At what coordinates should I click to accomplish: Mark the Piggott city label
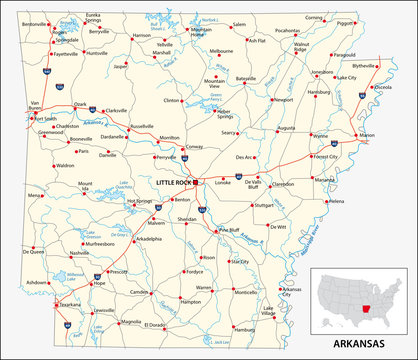click(x=373, y=22)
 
